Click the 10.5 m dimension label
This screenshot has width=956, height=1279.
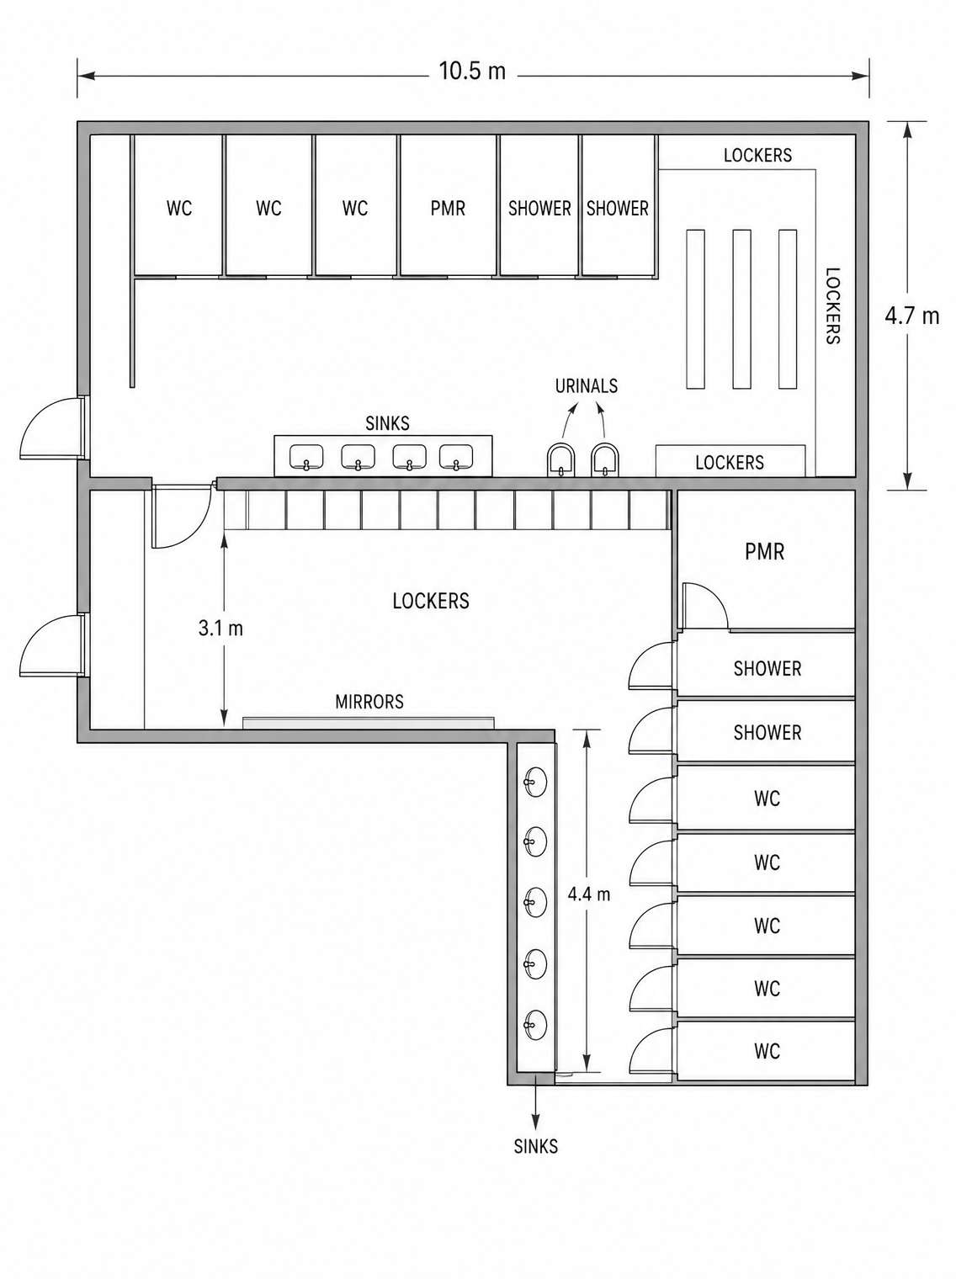472,71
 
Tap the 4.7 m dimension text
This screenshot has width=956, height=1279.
911,316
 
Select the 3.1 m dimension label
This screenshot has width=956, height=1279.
220,628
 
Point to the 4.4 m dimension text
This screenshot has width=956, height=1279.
589,894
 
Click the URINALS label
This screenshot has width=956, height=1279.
586,385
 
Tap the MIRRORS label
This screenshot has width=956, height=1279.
369,702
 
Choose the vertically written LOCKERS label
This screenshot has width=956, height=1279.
833,306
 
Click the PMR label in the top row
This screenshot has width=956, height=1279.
448,208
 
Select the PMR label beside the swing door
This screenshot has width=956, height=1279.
764,551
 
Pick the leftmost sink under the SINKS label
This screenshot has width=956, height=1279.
306,457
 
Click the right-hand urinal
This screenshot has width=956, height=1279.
605,460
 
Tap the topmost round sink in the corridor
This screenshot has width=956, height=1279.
535,782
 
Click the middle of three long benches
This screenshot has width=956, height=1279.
741,310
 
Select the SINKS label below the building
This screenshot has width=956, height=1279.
536,1146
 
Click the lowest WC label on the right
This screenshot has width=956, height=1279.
767,1051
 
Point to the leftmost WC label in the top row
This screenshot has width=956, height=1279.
179,208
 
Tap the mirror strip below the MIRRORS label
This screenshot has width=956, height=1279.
369,723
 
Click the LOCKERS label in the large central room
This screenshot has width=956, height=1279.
431,601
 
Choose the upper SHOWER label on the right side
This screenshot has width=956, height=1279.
767,668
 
